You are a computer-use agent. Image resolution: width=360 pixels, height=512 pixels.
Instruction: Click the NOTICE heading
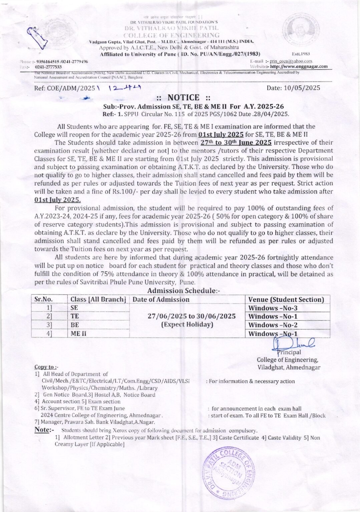pyautogui.click(x=183, y=98)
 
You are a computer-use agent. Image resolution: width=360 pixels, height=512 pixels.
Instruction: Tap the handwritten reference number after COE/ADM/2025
pyautogui.click(x=124, y=88)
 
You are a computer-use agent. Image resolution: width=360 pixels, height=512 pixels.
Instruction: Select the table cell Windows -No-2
pyautogui.click(x=273, y=325)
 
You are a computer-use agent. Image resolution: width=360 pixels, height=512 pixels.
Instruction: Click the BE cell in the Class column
pyautogui.click(x=75, y=325)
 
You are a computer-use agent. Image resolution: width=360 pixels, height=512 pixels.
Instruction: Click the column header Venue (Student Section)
pyautogui.click(x=286, y=299)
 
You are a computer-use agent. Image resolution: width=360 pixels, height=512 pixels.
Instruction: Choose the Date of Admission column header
pyautogui.click(x=161, y=299)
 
